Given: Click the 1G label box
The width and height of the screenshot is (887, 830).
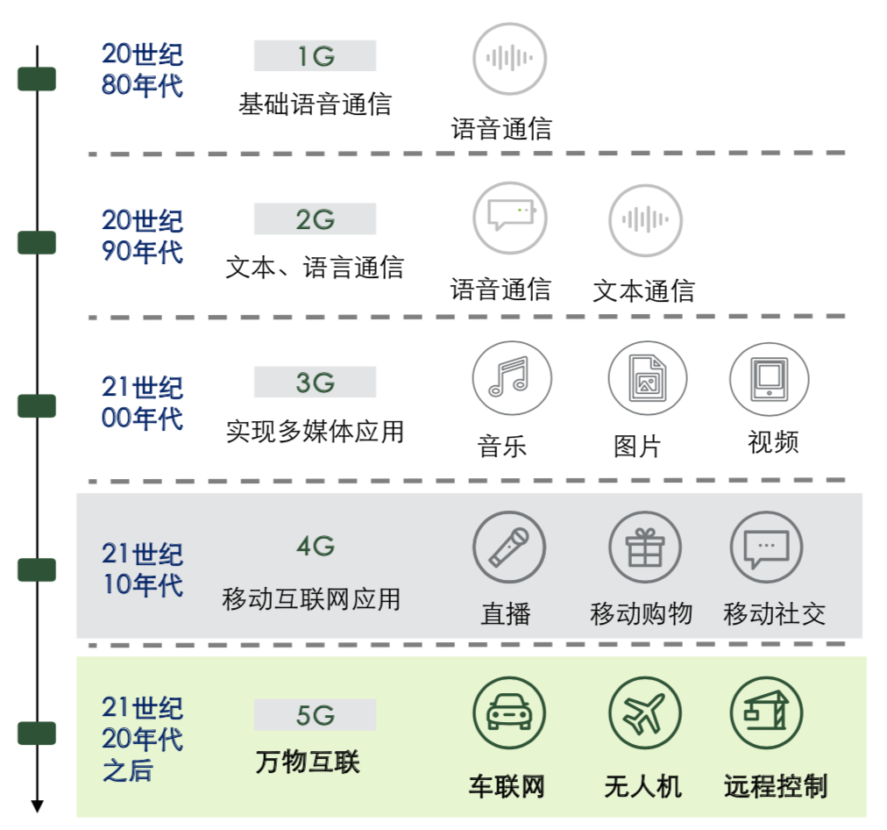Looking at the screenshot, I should (x=315, y=56).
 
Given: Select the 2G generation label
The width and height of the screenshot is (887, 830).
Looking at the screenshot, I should (x=315, y=219).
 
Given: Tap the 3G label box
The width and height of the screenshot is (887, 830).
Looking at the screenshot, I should (x=315, y=383).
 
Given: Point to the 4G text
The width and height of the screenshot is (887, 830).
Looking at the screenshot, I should (x=315, y=547).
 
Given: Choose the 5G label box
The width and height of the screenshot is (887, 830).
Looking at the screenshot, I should (x=315, y=715).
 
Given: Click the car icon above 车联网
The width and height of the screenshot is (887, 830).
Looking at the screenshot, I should (x=508, y=712).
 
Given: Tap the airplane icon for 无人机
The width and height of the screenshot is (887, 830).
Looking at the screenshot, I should (x=645, y=712).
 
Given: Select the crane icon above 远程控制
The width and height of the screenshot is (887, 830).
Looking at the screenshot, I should (x=766, y=712).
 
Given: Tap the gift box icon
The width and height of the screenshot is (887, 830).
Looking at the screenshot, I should (x=645, y=547).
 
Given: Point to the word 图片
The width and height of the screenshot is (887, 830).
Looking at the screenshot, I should (x=636, y=447).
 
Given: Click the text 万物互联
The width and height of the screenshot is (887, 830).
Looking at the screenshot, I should (x=308, y=761).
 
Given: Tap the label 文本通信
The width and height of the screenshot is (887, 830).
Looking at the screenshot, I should (x=643, y=290).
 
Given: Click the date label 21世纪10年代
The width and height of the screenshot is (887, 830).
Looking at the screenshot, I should (x=142, y=569).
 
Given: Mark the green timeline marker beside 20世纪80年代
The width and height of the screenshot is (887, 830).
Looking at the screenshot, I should (x=37, y=79).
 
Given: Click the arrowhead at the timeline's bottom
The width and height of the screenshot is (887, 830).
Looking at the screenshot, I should (x=37, y=805).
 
